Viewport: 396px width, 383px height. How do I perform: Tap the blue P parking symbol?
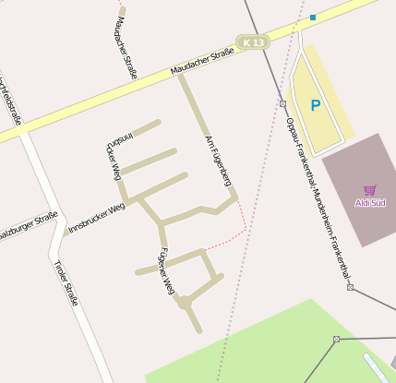316,106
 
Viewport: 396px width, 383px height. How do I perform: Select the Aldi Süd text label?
370,202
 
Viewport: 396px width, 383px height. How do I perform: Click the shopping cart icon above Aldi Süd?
370,189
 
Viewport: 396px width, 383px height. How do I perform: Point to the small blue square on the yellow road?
313,18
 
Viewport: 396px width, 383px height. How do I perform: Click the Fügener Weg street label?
166,271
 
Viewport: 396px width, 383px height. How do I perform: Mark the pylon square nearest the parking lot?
282,103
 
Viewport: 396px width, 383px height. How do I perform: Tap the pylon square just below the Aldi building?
351,287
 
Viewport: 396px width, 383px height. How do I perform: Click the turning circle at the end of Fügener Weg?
185,302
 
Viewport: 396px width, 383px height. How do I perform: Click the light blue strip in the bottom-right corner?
380,367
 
